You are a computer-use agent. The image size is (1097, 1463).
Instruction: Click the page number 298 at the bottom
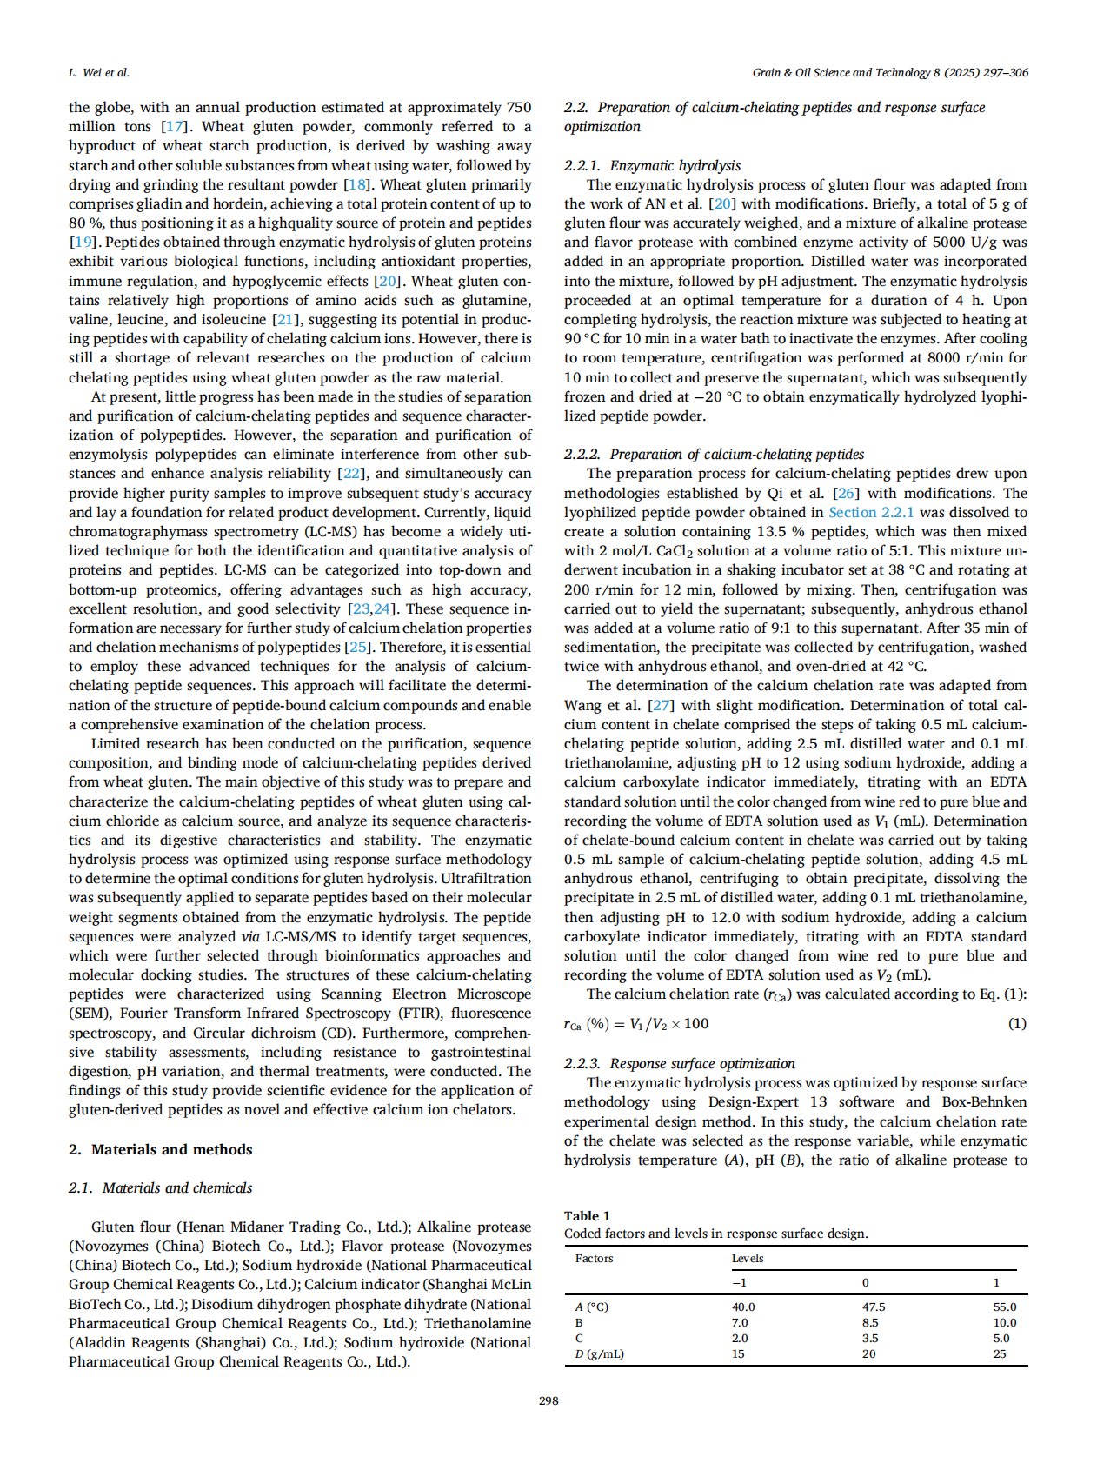point(548,1400)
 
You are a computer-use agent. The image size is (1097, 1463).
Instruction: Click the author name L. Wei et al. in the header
point(99,73)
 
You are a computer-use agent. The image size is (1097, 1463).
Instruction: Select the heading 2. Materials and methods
point(161,1149)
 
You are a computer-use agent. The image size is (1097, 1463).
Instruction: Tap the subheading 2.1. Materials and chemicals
point(161,1187)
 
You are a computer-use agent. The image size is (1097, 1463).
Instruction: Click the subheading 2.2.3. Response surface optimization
point(679,1063)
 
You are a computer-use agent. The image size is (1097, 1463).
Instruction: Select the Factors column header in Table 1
point(594,1258)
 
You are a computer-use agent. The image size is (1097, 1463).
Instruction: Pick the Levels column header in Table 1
point(748,1258)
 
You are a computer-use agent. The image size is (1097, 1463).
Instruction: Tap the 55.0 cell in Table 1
point(1004,1307)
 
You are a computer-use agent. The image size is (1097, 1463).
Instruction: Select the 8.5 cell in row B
point(869,1322)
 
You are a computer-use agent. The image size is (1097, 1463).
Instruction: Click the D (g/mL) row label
point(600,1353)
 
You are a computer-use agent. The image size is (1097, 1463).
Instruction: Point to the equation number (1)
point(1017,1023)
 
